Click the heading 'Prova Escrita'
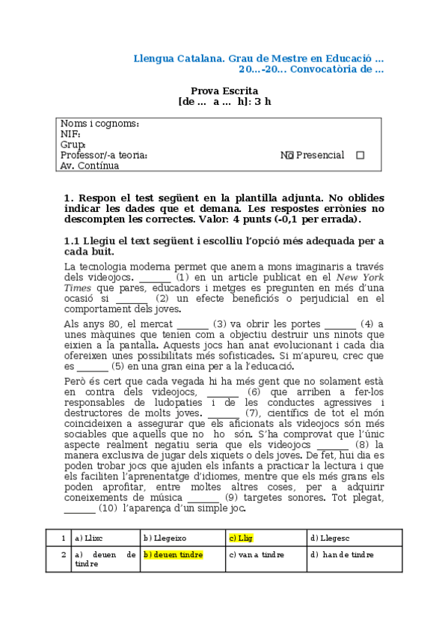pos(225,91)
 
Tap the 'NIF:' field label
pos(70,134)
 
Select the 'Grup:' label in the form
pos(73,145)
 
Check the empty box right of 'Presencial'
pos(360,156)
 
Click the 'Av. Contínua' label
pos(90,165)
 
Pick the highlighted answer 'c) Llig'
pos(240,537)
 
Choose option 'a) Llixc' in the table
pos(89,537)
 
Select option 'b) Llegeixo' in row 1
pos(165,537)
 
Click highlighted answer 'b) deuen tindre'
pos(173,555)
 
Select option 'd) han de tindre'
pos(343,555)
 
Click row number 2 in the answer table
pos(64,555)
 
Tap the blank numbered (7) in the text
pos(224,412)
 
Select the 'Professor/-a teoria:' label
pos(104,155)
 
